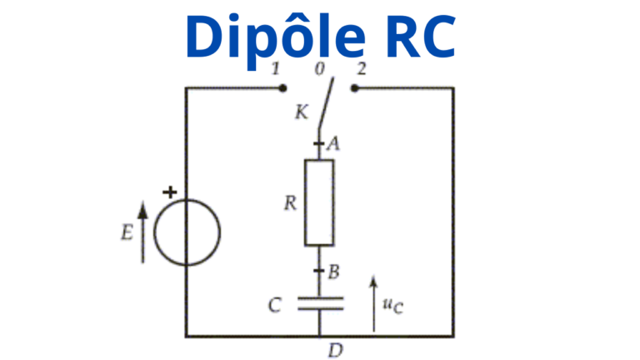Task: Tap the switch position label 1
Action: pos(276,68)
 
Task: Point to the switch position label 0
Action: pos(320,68)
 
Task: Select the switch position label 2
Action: pos(361,68)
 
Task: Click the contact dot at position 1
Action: pos(283,87)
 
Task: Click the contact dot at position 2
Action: pos(354,87)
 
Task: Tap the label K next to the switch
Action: pos(302,112)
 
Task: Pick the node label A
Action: pos(333,144)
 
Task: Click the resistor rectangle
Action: pos(319,202)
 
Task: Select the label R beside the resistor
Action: pos(290,203)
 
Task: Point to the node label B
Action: pos(333,271)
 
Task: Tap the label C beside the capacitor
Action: pos(274,306)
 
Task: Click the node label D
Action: pos(335,350)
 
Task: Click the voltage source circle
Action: pos(187,233)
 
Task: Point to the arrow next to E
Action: pos(142,232)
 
